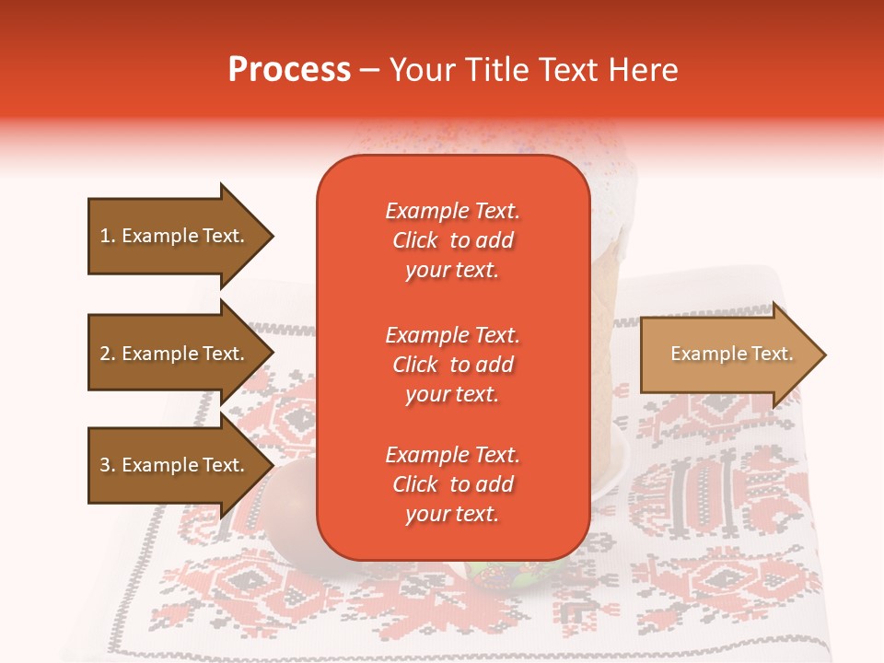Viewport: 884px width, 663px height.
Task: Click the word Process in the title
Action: pos(289,70)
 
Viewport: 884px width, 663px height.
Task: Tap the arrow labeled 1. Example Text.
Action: pos(175,236)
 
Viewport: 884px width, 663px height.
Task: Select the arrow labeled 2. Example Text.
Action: pos(175,354)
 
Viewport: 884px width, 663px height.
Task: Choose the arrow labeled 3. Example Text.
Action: pos(175,465)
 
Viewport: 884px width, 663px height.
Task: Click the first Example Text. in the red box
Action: pos(452,211)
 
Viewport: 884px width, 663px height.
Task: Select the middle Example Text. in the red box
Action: pos(452,334)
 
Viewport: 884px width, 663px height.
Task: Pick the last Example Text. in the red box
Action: pos(452,455)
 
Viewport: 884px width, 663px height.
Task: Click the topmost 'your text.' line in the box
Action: pos(452,270)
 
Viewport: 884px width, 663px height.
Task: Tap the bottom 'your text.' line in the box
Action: pos(452,514)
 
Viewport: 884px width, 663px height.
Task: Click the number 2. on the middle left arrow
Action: pos(108,354)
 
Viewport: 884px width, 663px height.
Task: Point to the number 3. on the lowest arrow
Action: pos(108,465)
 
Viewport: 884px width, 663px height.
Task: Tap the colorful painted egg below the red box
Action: pos(497,576)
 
